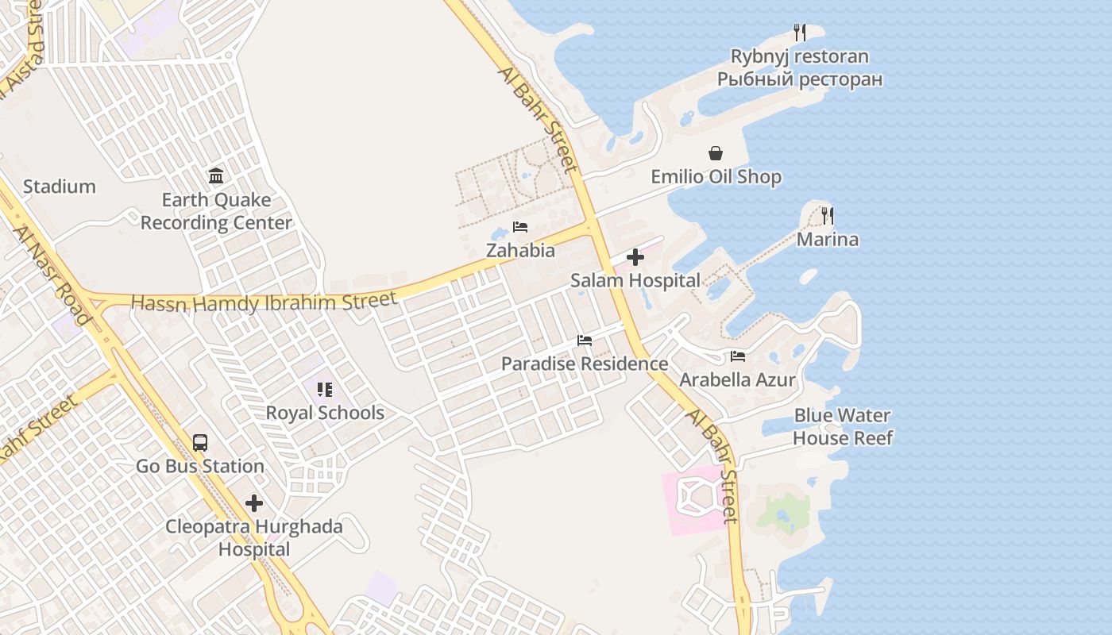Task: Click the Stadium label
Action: point(60,187)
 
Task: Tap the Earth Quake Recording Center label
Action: point(216,211)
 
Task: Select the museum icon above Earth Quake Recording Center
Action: point(216,175)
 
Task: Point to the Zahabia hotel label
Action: point(520,250)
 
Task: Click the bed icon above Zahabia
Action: point(520,227)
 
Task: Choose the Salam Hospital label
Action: point(635,280)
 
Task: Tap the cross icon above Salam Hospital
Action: point(635,257)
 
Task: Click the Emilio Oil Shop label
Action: point(716,177)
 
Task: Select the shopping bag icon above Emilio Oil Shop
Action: point(716,153)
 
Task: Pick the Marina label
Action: point(828,240)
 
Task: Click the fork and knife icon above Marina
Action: point(828,215)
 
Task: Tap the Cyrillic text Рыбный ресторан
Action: point(800,79)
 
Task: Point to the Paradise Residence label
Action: point(585,364)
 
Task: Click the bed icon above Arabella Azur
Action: point(738,356)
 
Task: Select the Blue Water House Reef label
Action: point(843,427)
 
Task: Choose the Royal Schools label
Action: point(325,413)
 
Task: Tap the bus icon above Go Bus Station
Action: point(200,443)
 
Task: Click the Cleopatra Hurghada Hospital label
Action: point(254,537)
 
